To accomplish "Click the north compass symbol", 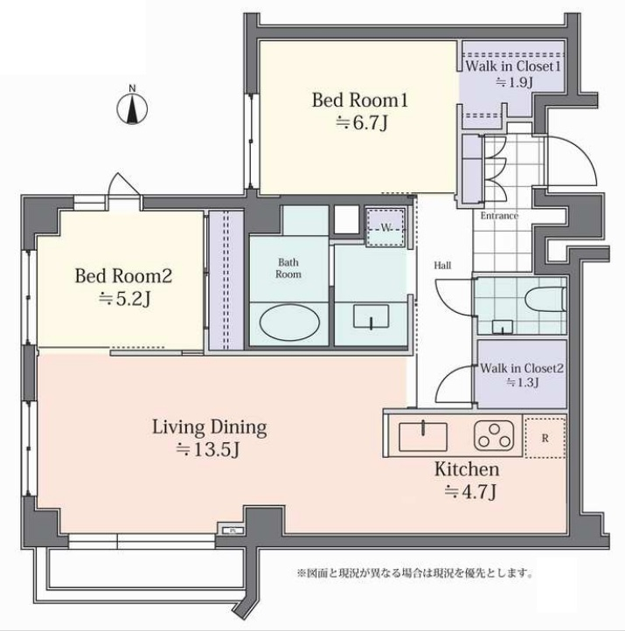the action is click(x=132, y=107).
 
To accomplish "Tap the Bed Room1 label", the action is click(x=360, y=100).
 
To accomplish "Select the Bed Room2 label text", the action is click(x=123, y=276).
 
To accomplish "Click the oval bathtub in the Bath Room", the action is click(x=289, y=322).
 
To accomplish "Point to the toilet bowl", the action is click(x=545, y=299).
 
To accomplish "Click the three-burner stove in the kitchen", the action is click(x=494, y=435).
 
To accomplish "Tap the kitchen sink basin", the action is click(x=423, y=436).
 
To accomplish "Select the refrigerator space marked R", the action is click(x=545, y=438).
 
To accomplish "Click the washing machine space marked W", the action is click(x=385, y=228).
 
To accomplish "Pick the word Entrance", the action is click(x=499, y=216).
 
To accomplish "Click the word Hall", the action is click(x=442, y=265).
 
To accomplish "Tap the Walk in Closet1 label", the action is click(x=513, y=66).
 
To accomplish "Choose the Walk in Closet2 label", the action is click(x=522, y=368).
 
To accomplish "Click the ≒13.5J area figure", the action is click(x=208, y=449).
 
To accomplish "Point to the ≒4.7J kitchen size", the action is click(x=470, y=491).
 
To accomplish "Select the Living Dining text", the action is click(x=209, y=427).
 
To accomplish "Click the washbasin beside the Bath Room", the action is click(x=371, y=316).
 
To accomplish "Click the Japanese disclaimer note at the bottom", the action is click(x=415, y=572).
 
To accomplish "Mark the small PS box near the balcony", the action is click(x=233, y=530).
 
